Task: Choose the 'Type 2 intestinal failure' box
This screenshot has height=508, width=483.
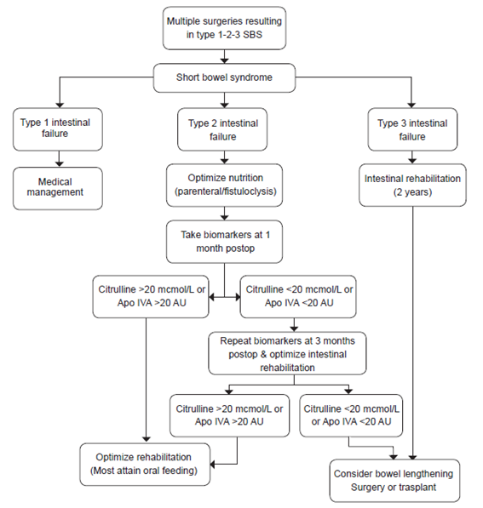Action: (225, 128)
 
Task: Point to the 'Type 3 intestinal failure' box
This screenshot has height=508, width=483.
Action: (413, 128)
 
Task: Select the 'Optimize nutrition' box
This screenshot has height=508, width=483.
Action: (225, 186)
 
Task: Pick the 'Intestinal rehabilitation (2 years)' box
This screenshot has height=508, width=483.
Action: (413, 186)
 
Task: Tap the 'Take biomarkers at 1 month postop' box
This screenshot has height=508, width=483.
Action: (225, 243)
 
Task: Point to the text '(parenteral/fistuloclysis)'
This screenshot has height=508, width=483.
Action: (225, 193)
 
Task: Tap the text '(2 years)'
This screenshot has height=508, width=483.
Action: (413, 193)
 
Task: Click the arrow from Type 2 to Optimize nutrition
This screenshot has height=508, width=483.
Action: (225, 156)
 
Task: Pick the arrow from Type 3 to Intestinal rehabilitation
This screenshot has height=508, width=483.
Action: (413, 156)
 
